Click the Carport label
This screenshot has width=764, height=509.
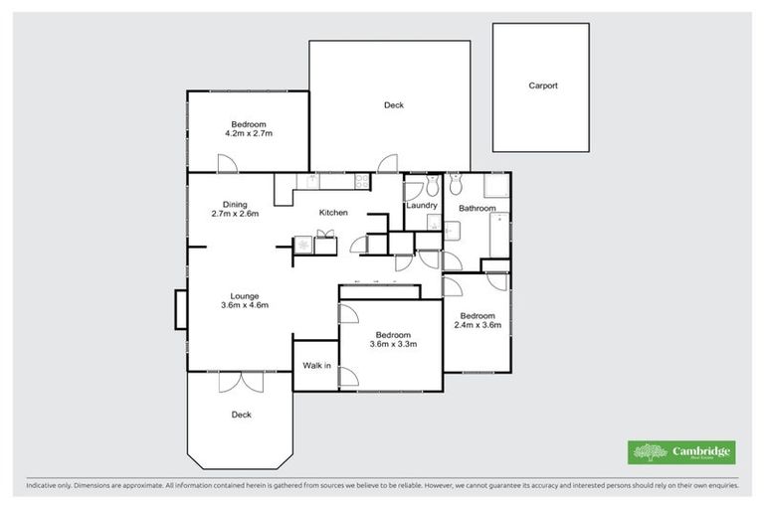pos(542,86)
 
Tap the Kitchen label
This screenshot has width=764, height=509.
pos(332,213)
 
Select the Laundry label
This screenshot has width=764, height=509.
pos(423,206)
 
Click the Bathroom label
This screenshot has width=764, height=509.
pos(477,208)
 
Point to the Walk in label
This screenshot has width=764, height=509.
pos(316,366)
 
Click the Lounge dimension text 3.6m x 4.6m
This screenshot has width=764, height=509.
pos(245,306)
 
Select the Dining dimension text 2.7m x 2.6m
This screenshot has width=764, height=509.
pos(235,213)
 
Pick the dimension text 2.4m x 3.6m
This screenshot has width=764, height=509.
pos(477,325)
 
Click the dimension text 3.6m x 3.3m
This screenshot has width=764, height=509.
pos(393,345)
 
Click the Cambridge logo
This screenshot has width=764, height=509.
pos(682,452)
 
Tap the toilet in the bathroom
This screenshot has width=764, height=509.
pos(456,184)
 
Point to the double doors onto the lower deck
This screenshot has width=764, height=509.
pos(239,381)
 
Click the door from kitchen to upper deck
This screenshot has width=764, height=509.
pos(388,164)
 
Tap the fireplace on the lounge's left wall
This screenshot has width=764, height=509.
pos(180,308)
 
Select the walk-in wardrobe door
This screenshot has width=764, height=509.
pos(348,377)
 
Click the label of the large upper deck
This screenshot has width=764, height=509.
pos(394,105)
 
